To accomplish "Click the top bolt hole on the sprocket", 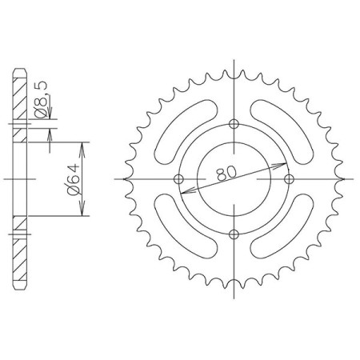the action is pyautogui.click(x=234, y=123).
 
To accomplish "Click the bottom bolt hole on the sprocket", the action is pyautogui.click(x=234, y=234).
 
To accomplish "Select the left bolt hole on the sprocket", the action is pyautogui.click(x=178, y=179).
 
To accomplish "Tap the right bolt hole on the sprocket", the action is pyautogui.click(x=289, y=179).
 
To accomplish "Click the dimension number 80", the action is pyautogui.click(x=226, y=174).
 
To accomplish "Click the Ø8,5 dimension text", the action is pyautogui.click(x=41, y=99).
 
